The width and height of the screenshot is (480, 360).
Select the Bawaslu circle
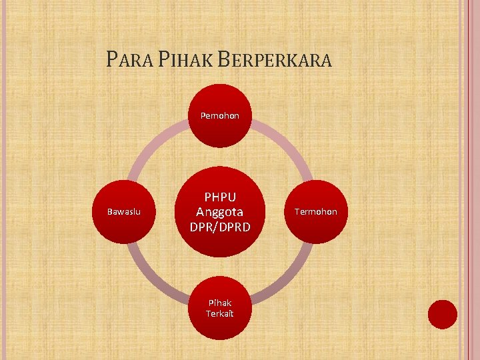click(x=124, y=211)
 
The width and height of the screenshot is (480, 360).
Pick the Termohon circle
click(x=315, y=211)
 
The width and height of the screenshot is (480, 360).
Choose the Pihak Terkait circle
click(x=219, y=307)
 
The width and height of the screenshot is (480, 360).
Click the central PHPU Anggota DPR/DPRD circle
click(x=219, y=211)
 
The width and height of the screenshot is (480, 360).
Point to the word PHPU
click(x=219, y=197)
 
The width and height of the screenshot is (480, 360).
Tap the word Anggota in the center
click(x=219, y=211)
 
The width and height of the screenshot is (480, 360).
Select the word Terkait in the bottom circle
click(x=219, y=313)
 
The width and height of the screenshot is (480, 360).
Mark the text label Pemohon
click(x=219, y=116)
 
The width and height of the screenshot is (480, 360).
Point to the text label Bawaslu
click(x=124, y=211)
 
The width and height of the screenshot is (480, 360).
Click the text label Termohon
click(x=315, y=211)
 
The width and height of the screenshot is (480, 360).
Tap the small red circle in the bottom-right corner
click(x=442, y=314)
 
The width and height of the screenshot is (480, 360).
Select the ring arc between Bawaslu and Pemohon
click(x=153, y=144)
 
